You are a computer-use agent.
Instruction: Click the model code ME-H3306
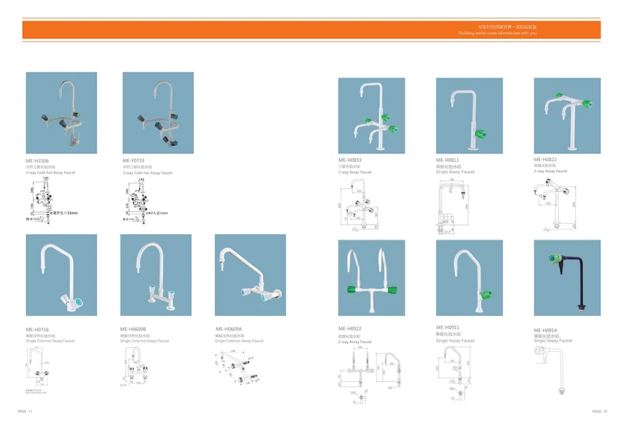coord(37,160)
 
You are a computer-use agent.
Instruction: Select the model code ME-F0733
coord(133,160)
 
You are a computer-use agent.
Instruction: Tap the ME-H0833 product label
coord(349,160)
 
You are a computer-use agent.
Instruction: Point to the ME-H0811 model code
coord(447,160)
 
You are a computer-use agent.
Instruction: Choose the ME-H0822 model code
coord(545,159)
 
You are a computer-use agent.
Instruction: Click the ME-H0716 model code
coord(37,329)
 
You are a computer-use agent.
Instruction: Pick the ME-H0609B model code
coord(133,329)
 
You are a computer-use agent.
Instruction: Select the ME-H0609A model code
coord(229,329)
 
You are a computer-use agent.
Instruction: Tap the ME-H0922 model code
coord(349,329)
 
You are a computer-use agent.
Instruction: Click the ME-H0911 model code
coord(447,327)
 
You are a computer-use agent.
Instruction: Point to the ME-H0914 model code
coord(545,330)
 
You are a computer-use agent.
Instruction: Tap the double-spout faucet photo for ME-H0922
coord(371,278)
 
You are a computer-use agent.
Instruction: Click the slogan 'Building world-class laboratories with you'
coord(497,34)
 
